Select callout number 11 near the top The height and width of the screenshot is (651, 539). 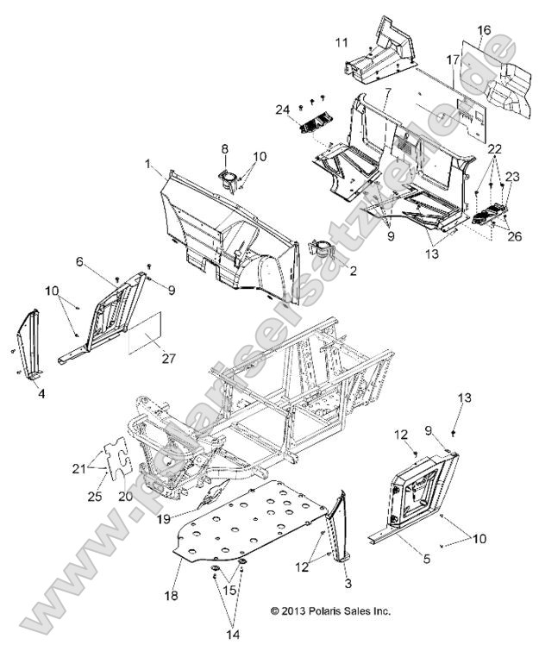(342, 41)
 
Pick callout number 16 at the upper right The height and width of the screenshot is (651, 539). (483, 29)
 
